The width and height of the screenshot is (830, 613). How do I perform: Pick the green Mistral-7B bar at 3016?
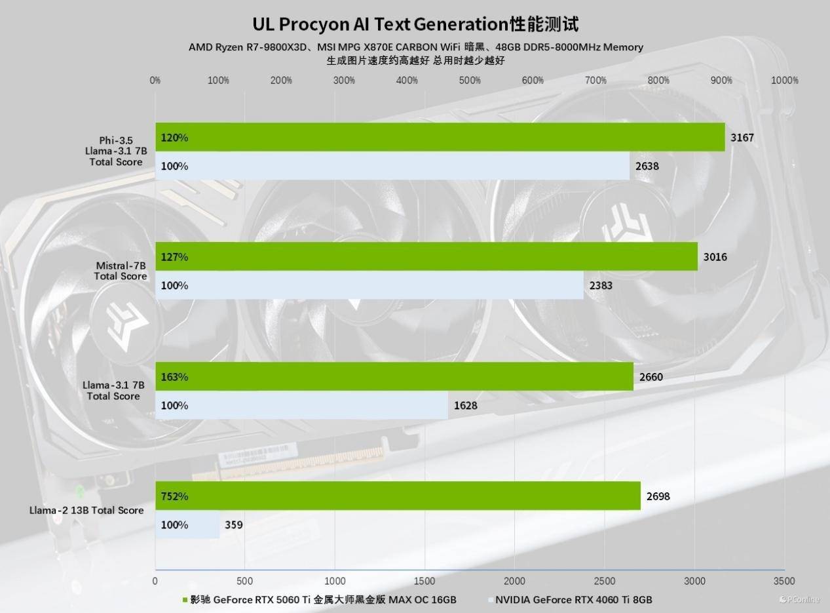(426, 257)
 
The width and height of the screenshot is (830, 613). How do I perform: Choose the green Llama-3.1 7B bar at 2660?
(394, 377)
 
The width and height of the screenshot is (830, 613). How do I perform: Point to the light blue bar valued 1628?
(301, 405)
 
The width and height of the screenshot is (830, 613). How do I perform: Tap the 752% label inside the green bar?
(174, 496)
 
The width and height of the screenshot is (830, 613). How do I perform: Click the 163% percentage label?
(174, 377)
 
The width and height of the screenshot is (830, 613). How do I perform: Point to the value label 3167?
(742, 138)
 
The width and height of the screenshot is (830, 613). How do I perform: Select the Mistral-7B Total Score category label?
(120, 271)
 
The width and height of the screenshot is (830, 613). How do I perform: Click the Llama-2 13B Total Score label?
(86, 510)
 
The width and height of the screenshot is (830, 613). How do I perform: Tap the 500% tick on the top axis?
(470, 81)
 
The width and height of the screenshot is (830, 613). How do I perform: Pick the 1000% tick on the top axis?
(784, 81)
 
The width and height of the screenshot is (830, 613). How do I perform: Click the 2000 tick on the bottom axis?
(515, 582)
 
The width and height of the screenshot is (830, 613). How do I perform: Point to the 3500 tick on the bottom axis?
(784, 582)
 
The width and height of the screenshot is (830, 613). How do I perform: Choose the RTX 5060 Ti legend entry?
(321, 600)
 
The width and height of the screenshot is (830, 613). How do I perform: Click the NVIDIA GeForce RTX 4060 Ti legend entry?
(573, 600)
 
